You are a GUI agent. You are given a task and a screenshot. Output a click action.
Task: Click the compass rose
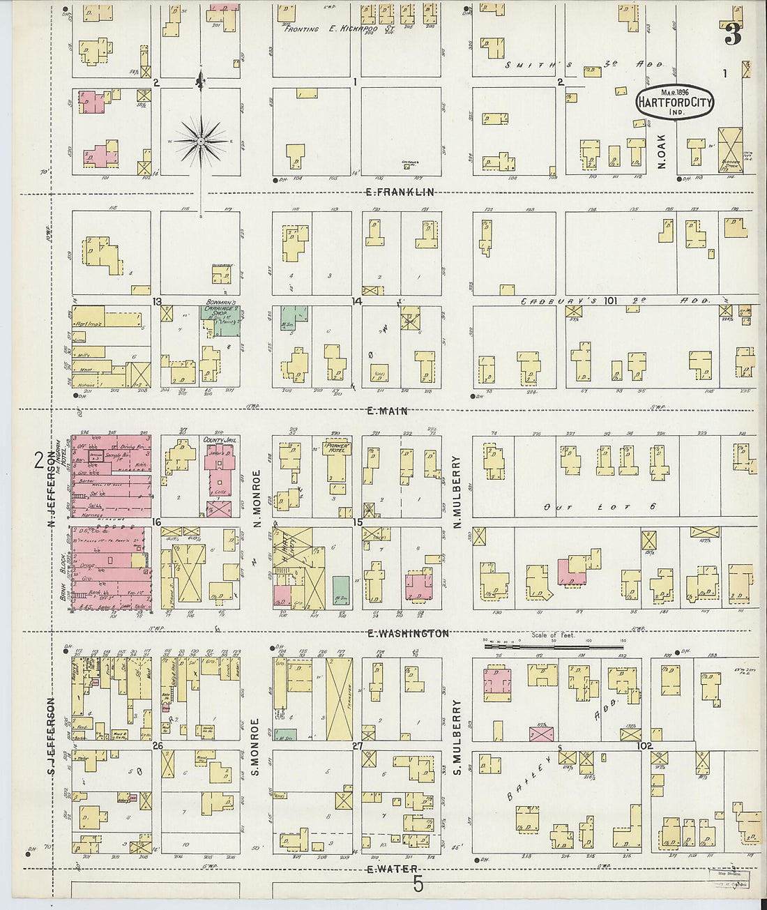pyautogui.click(x=201, y=142)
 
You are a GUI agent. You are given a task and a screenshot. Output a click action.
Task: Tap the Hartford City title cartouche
pyautogui.click(x=670, y=102)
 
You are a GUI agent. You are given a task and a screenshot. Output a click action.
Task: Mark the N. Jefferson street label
pyautogui.click(x=60, y=479)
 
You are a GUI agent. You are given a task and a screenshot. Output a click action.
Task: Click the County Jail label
pyautogui.click(x=217, y=441)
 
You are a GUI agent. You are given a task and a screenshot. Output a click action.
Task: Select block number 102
pyautogui.click(x=644, y=745)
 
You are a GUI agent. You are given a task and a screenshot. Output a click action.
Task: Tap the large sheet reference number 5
pyautogui.click(x=418, y=884)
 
